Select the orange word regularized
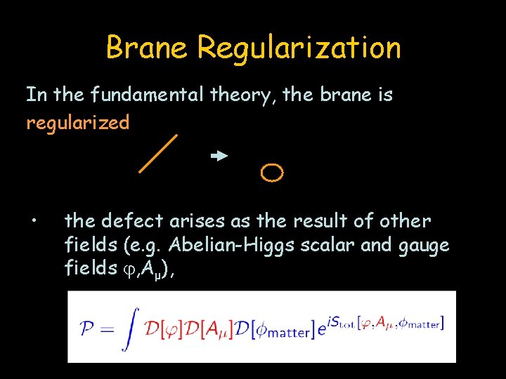tap(78, 124)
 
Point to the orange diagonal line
tap(158, 153)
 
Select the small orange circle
tap(272, 172)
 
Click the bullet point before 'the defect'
tap(33, 223)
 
